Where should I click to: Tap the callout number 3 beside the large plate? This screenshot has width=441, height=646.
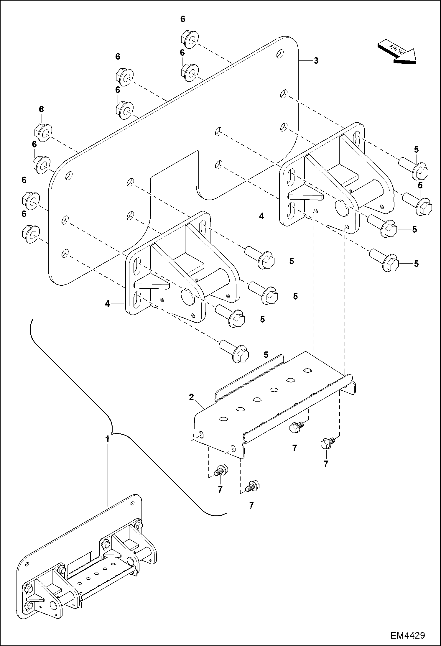tap(316, 61)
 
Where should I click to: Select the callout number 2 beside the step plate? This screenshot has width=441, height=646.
tap(191, 397)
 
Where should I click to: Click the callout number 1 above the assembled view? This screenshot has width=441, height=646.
tap(108, 439)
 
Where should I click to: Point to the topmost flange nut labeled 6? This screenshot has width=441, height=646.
tap(189, 40)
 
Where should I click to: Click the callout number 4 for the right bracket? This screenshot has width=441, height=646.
tap(261, 216)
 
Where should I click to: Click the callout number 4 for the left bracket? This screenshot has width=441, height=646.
tap(107, 303)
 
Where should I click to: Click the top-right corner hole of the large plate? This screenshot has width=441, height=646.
tap(280, 54)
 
